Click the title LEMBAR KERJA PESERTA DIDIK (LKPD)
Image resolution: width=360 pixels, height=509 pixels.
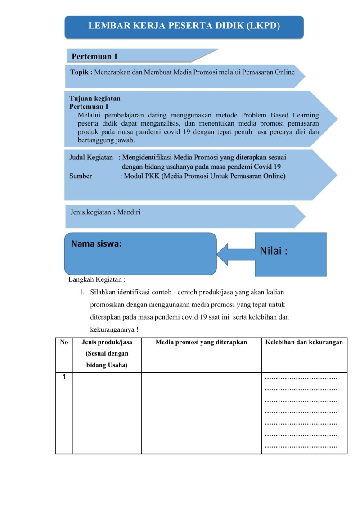184,26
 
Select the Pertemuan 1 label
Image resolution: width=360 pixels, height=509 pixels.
94,57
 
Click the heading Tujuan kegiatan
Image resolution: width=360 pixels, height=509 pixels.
95,99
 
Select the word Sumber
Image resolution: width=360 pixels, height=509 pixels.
81,176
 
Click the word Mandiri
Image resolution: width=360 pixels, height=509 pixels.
129,212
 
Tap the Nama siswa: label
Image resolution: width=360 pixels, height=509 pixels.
96,243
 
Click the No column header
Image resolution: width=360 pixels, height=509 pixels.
64,342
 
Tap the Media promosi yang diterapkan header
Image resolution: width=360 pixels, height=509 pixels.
201,342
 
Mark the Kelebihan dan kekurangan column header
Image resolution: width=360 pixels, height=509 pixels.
304,342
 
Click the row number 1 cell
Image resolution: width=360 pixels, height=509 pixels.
64,377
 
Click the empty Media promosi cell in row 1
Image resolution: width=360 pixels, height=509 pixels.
201,413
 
